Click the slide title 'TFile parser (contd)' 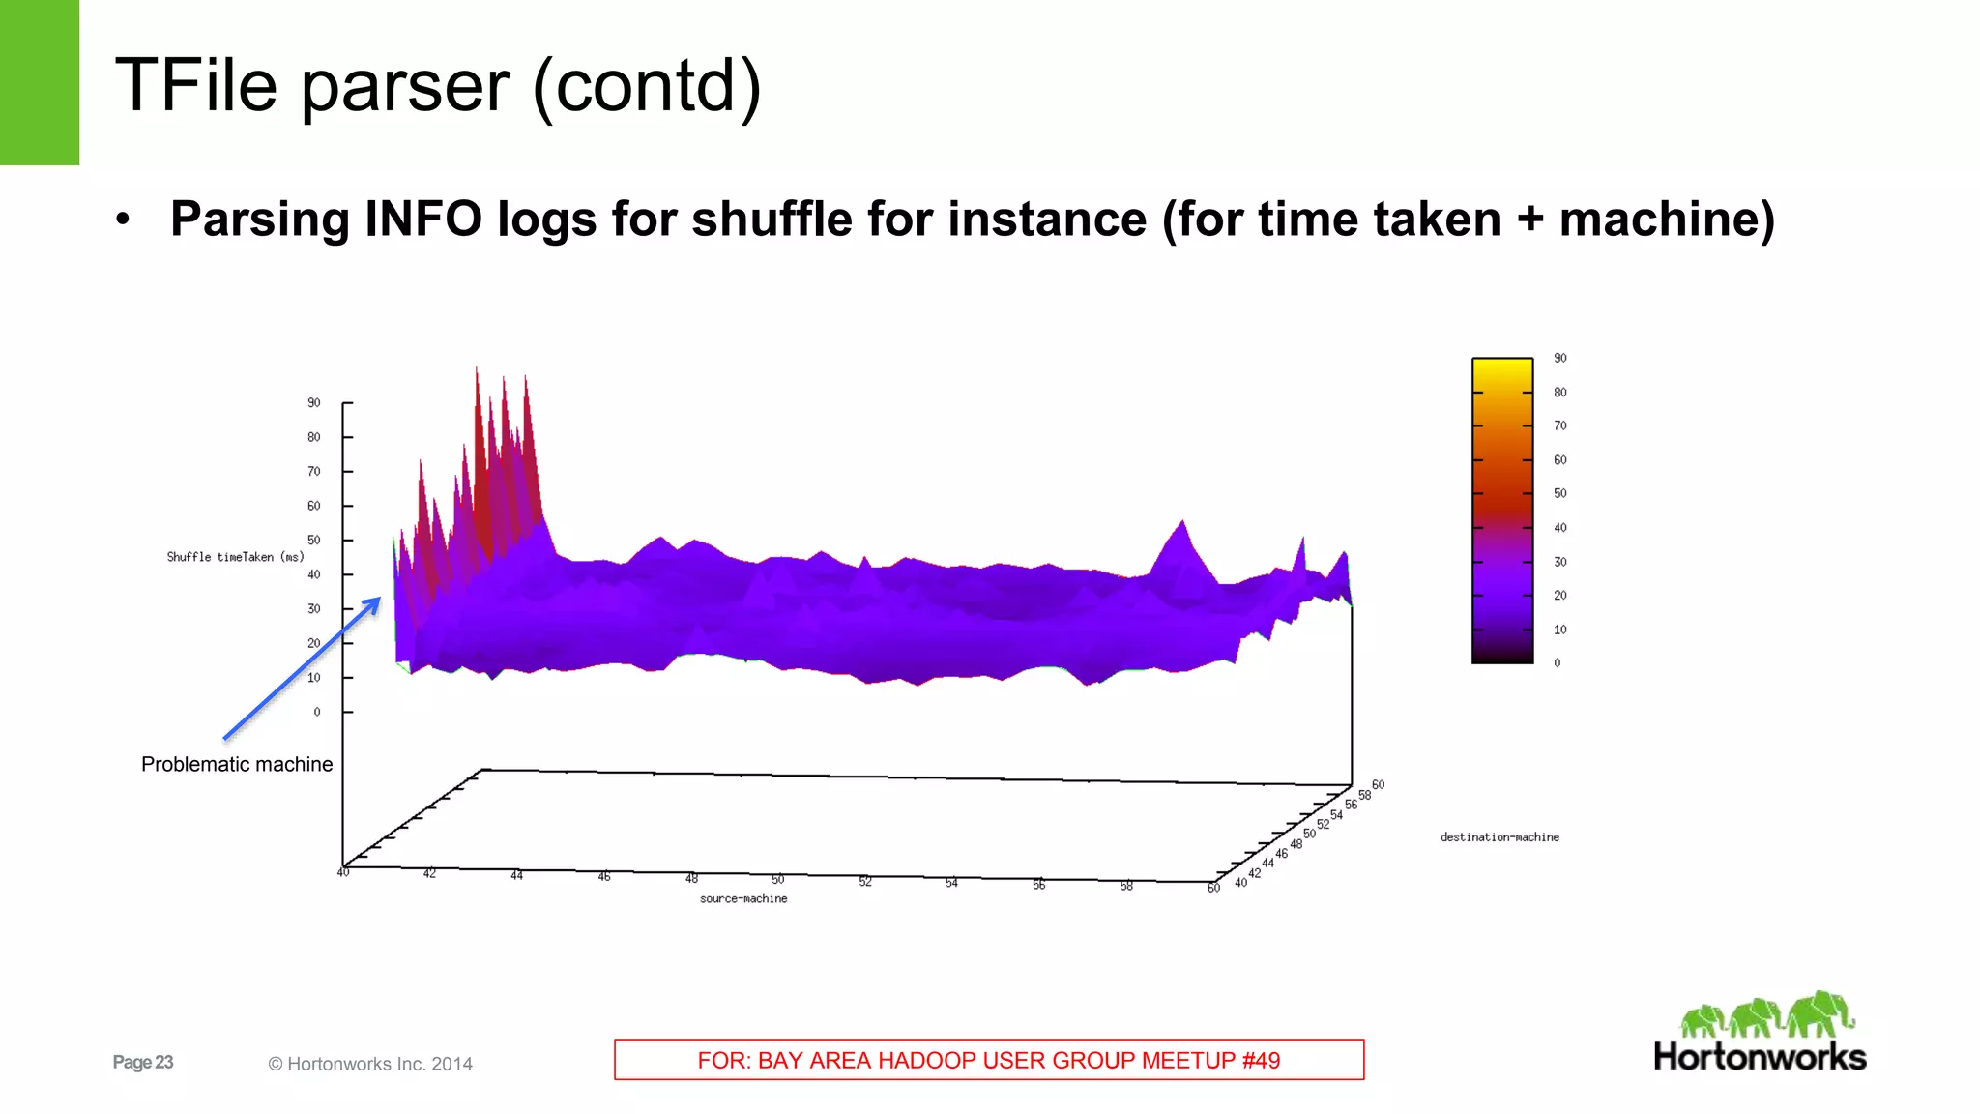[438, 85]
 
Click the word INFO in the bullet [422, 219]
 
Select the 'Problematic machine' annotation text [237, 764]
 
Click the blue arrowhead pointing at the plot [372, 604]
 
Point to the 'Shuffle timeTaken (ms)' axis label [235, 557]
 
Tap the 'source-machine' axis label [743, 898]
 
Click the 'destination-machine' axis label [1500, 837]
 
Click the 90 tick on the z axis [314, 403]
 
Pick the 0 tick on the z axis [317, 712]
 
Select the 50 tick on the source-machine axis [778, 880]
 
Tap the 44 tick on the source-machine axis [517, 875]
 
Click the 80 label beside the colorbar [1560, 393]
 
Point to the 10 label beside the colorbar [1560, 630]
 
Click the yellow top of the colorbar [1502, 367]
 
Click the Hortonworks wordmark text [1760, 1056]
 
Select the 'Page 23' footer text [143, 1062]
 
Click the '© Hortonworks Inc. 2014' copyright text [370, 1064]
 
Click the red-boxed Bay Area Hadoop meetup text [989, 1060]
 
